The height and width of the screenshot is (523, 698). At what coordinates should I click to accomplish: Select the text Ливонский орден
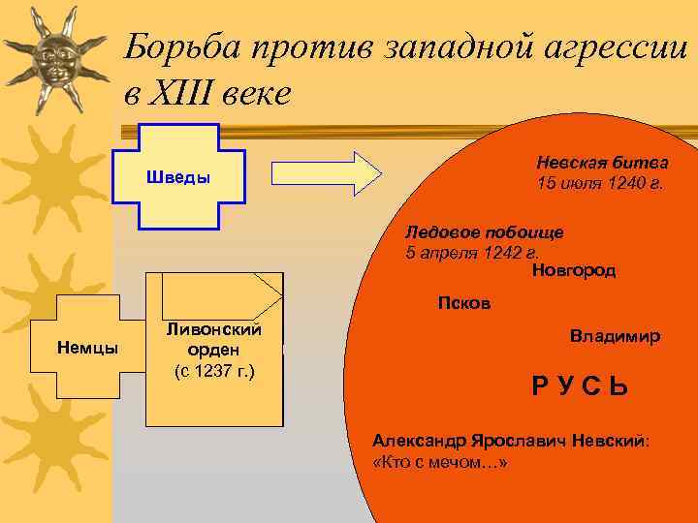coord(213,339)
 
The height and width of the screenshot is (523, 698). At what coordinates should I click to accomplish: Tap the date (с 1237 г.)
coord(213,370)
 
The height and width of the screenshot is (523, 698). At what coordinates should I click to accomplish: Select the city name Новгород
coord(574,270)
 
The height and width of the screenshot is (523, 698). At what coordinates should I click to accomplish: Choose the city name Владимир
coord(615,336)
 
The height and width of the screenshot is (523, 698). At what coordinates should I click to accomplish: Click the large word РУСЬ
coord(580,387)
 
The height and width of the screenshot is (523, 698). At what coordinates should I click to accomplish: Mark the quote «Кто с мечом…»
coord(439,462)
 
